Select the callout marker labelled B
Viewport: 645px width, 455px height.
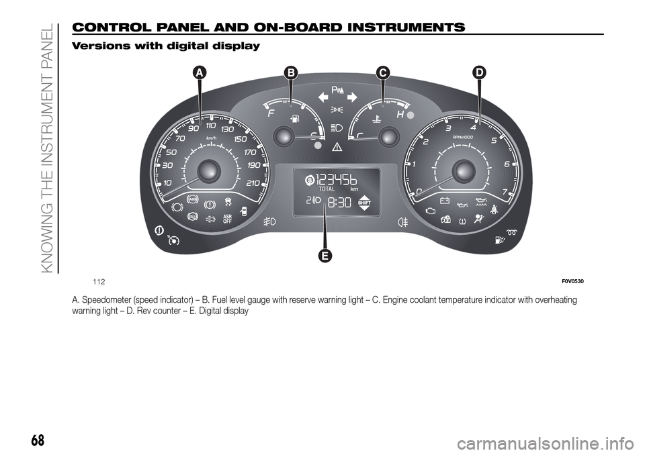click(x=290, y=72)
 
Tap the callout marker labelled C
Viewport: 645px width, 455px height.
click(x=382, y=72)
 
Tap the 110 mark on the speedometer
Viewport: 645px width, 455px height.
click(x=211, y=125)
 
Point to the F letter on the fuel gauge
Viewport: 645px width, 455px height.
click(x=271, y=114)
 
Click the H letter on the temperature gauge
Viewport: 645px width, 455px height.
click(x=400, y=114)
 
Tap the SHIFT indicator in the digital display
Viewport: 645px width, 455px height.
click(x=365, y=202)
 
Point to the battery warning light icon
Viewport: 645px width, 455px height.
click(x=443, y=199)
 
